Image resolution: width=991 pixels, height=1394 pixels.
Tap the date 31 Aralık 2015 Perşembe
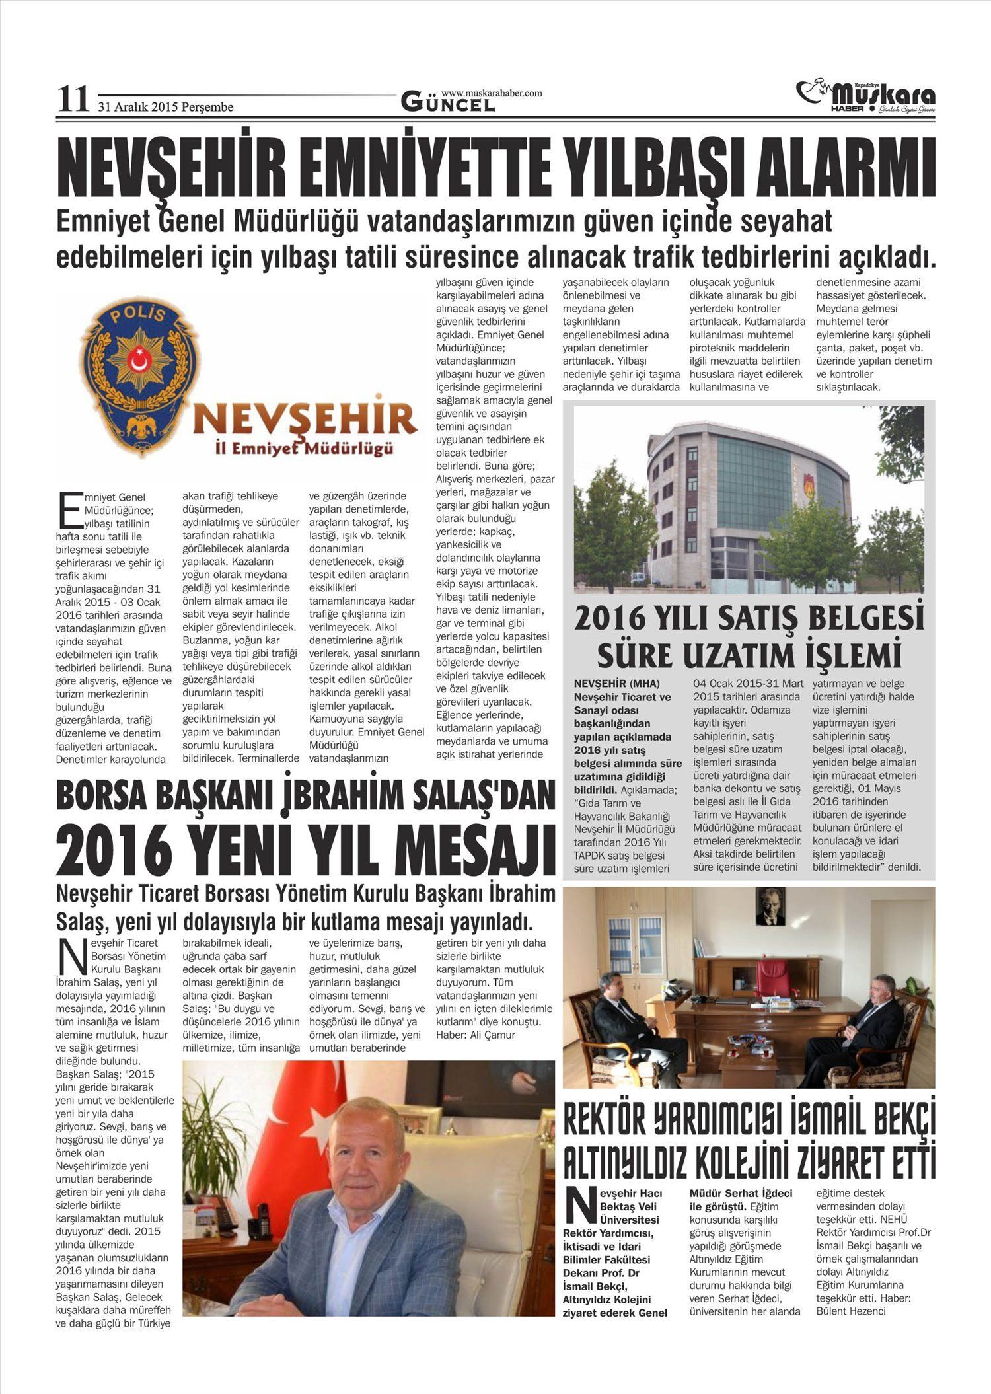click(166, 106)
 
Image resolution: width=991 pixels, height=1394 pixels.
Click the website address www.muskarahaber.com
click(491, 93)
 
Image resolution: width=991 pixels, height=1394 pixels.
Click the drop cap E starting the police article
click(68, 508)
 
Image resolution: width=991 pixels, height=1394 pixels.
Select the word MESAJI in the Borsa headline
click(476, 851)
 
